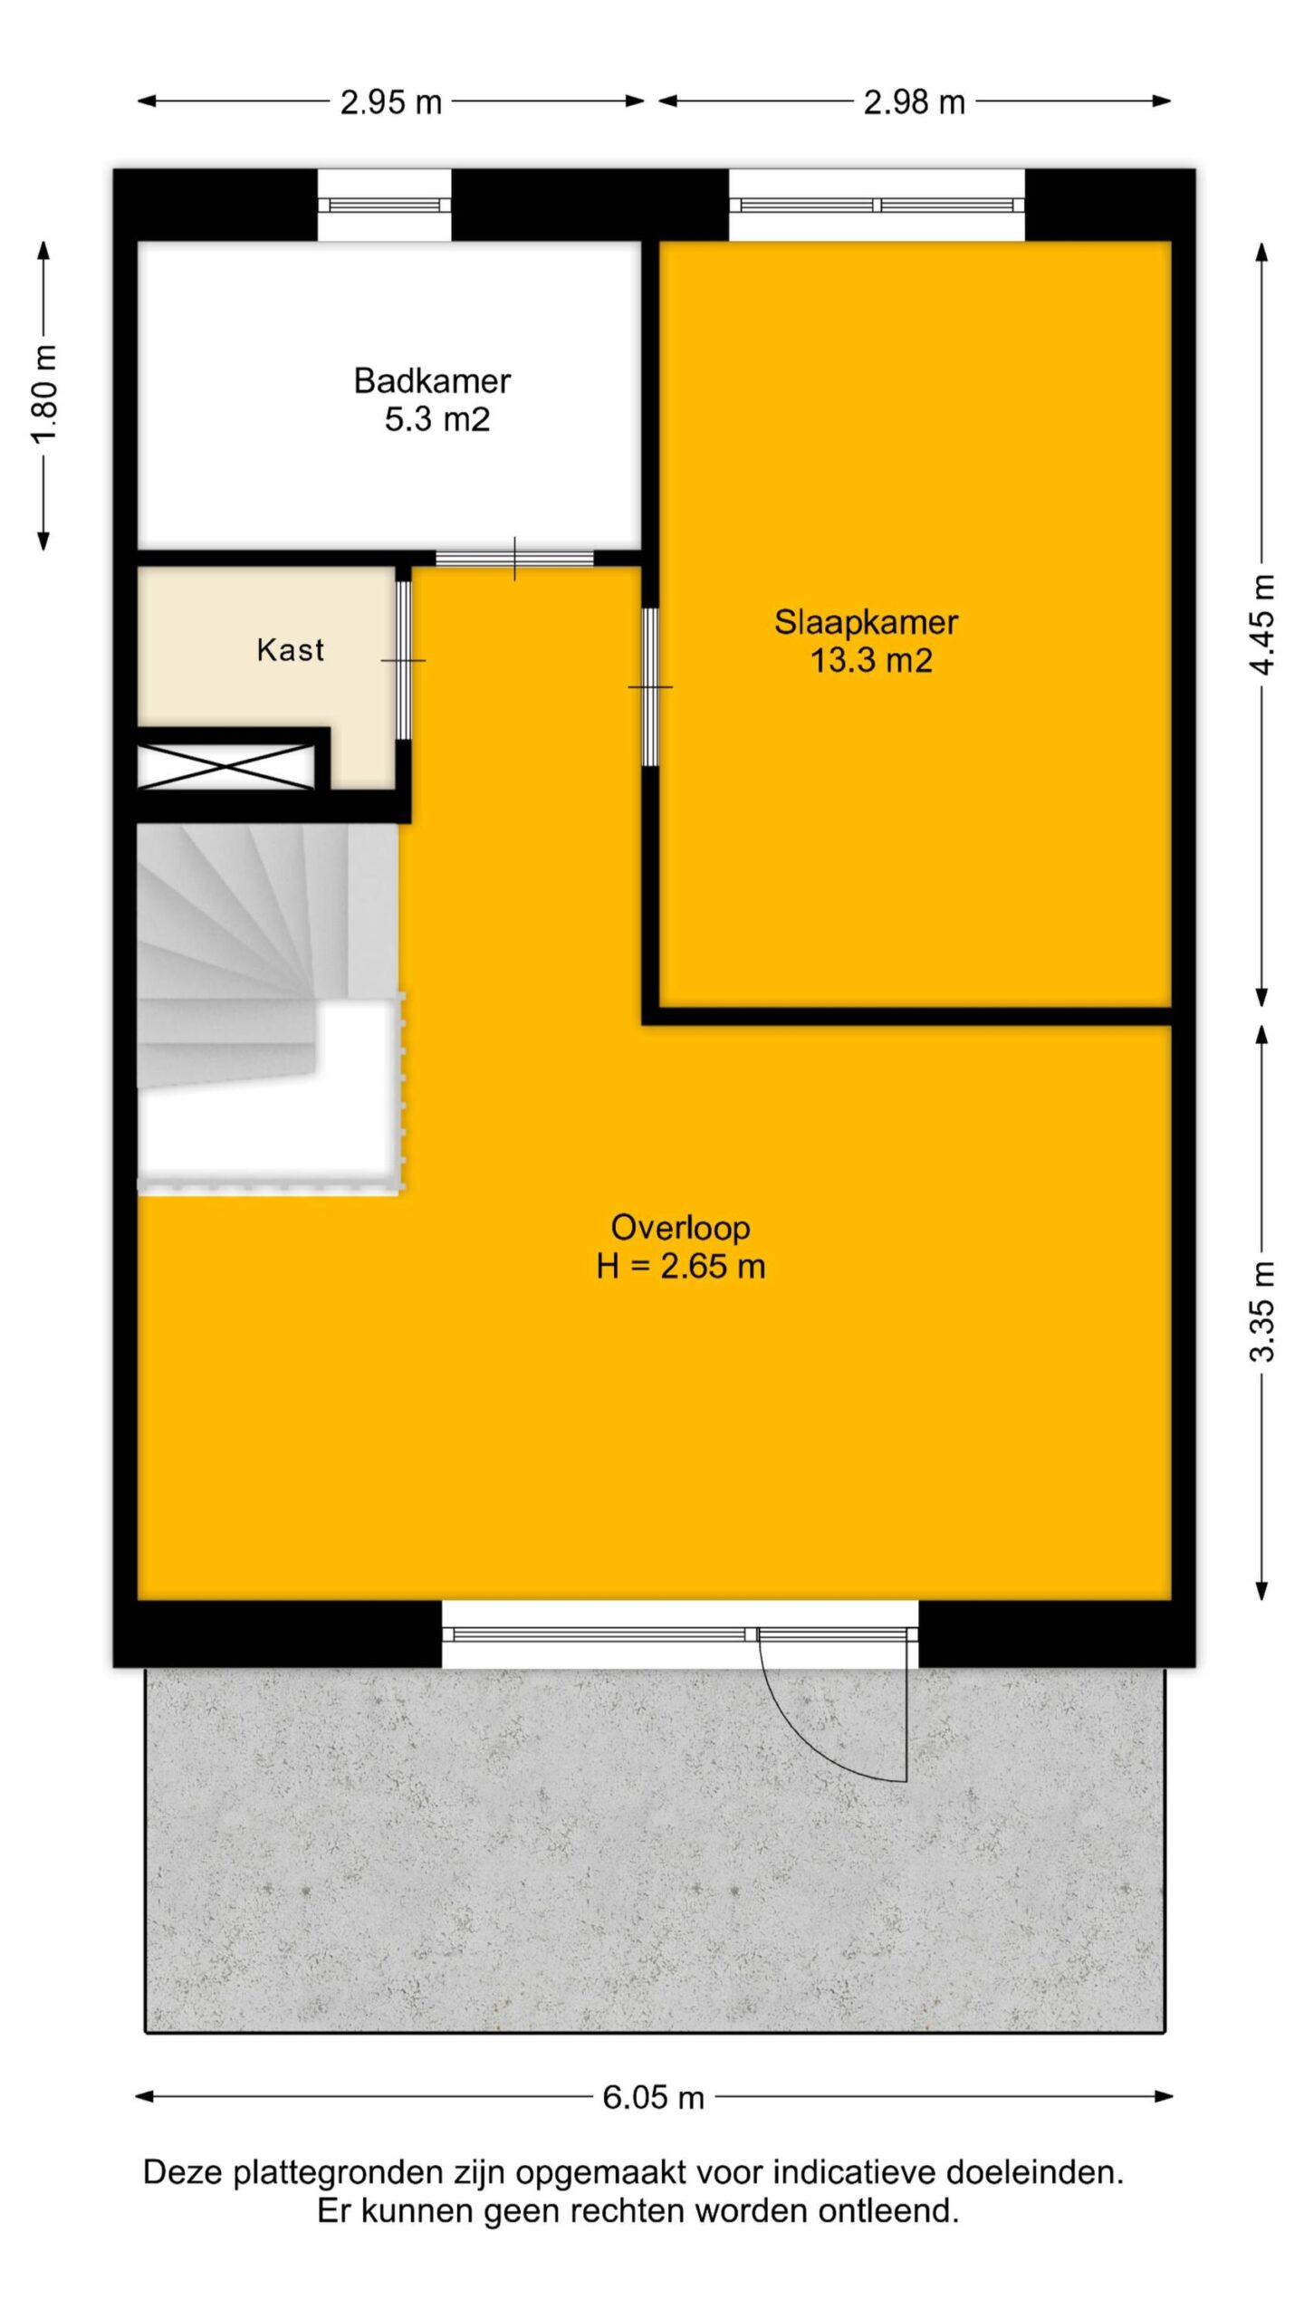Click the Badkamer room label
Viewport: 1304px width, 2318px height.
point(432,381)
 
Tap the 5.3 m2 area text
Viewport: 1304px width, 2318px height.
point(437,420)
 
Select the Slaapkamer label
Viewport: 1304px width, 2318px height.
point(866,623)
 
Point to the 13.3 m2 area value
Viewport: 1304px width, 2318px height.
point(870,661)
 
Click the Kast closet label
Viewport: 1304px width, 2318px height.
point(290,650)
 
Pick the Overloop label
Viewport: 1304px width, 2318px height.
point(680,1228)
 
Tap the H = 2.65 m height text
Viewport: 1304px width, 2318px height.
point(680,1266)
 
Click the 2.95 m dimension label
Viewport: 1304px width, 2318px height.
point(390,102)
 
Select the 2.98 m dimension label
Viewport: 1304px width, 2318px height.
point(914,102)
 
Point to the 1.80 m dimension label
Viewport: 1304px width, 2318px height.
point(44,394)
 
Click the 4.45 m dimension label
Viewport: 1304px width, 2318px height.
point(1262,625)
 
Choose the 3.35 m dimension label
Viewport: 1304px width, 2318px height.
point(1262,1312)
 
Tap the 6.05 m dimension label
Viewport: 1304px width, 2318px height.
point(653,2097)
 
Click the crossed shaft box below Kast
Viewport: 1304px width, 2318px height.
point(225,766)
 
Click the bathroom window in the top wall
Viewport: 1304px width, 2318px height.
point(384,206)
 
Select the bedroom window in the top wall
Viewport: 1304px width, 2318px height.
point(877,206)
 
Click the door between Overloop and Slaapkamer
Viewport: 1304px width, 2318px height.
point(650,686)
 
